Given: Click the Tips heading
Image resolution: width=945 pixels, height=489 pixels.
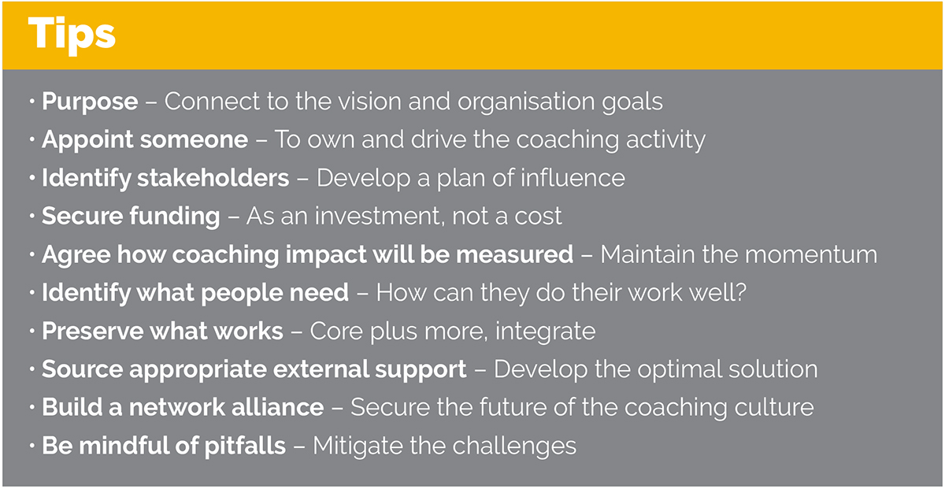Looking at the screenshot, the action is coord(72,35).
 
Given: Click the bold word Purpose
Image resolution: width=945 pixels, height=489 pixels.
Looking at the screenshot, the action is coord(90,102).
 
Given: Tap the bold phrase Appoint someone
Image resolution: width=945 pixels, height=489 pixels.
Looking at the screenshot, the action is coord(145,140).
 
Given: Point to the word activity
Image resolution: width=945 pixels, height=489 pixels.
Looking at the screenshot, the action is coord(665,140).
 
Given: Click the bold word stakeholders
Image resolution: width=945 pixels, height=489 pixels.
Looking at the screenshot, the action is coord(213,178).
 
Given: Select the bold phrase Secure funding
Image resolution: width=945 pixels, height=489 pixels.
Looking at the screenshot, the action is coord(131,217).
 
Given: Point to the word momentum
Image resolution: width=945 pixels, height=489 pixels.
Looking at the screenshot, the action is coord(811,255).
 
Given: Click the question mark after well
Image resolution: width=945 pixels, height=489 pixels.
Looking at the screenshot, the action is coord(740,292).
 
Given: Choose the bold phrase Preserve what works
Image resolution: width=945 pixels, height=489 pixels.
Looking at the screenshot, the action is coord(162,331).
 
